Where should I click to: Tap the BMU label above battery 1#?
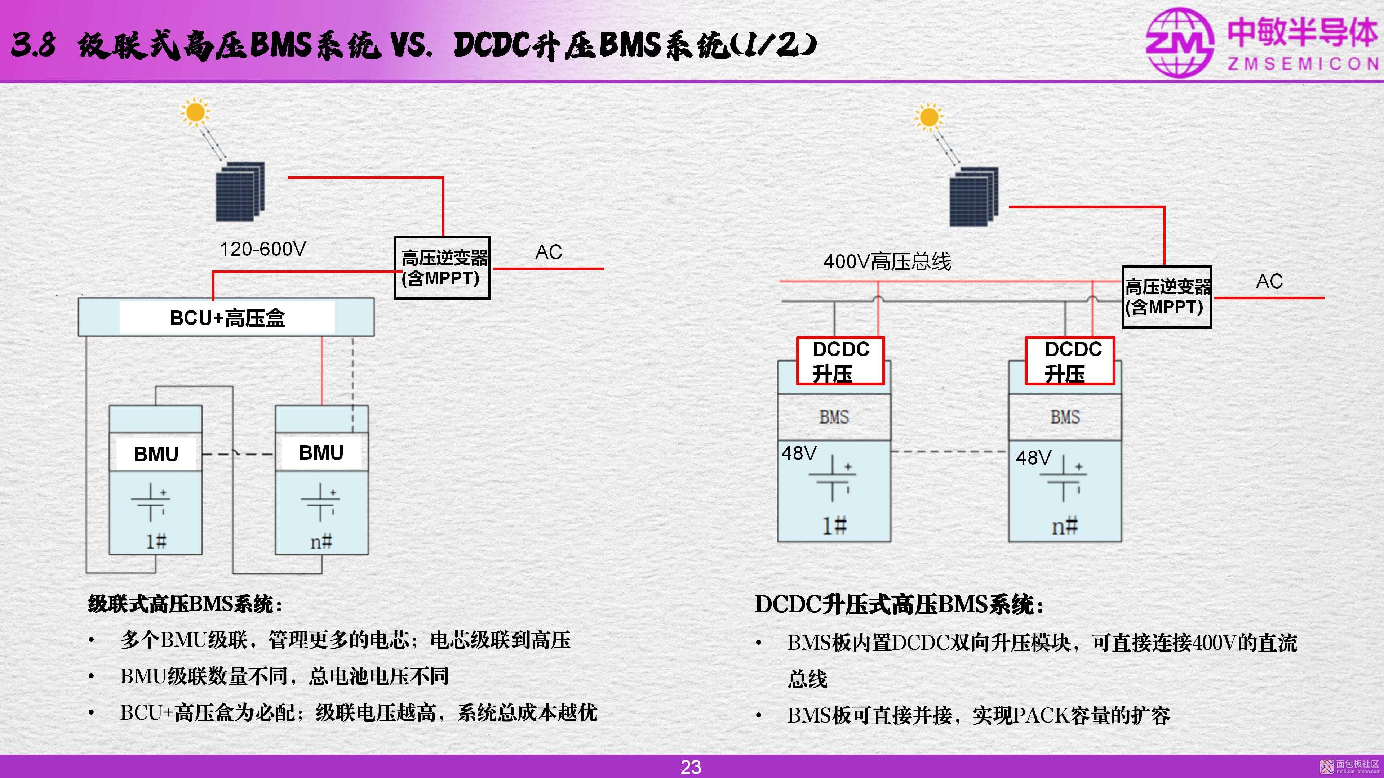point(156,454)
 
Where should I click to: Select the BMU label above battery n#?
point(321,453)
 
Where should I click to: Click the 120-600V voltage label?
point(263,249)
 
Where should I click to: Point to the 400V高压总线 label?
point(887,261)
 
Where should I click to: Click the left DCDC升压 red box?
point(840,361)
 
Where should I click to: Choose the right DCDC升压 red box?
point(1070,361)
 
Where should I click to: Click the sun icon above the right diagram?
point(929,117)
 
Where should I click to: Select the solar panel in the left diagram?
point(240,192)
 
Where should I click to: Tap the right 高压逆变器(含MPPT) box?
point(1166,297)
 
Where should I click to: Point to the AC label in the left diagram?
point(549,252)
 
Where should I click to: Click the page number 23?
point(691,767)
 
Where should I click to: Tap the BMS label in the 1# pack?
point(834,417)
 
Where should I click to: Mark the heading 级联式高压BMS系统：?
point(185,604)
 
